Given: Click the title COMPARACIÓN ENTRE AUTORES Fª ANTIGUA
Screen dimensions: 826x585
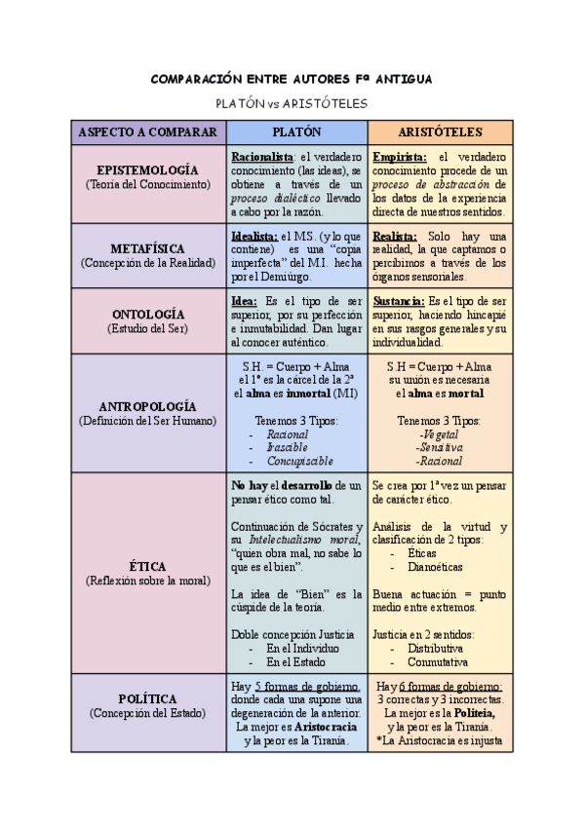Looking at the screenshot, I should [x=292, y=79].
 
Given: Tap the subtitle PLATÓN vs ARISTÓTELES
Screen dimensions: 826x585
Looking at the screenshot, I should [x=292, y=102].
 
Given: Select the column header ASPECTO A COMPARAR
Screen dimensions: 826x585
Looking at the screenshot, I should [x=148, y=131].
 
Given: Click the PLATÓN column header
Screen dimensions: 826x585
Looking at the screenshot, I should [x=296, y=131].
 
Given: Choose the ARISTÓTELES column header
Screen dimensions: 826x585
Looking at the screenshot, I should [x=440, y=131].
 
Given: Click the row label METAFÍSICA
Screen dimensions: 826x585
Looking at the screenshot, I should [x=148, y=248].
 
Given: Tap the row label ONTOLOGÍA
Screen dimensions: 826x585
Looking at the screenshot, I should [x=148, y=314].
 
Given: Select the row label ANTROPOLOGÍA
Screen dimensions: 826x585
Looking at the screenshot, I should [x=148, y=405].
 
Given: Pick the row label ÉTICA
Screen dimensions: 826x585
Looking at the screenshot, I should [x=148, y=566].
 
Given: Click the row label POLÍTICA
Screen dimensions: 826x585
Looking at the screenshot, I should [x=148, y=698].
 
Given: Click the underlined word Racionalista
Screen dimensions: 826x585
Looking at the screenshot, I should [x=262, y=156].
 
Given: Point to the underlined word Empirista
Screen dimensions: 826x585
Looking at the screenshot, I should [x=399, y=156].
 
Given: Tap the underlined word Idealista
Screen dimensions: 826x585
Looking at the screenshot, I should [x=254, y=236].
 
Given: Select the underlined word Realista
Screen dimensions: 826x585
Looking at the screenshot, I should [x=395, y=236].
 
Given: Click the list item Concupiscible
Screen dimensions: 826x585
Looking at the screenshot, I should [x=299, y=461].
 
